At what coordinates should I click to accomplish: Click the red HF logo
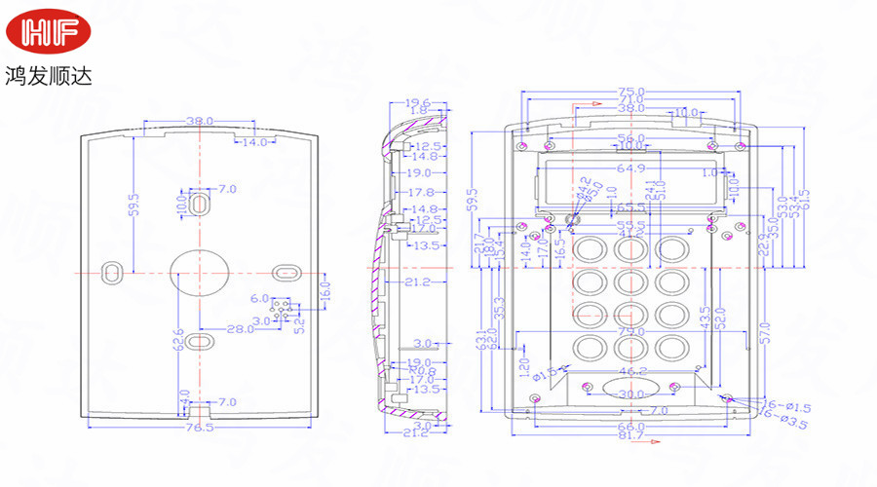49,31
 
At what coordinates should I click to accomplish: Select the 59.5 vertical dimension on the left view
134,205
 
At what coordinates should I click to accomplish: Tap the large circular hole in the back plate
198,270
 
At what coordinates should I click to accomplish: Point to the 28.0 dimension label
240,329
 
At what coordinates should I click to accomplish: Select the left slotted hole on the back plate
113,269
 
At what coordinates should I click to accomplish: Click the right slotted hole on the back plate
285,270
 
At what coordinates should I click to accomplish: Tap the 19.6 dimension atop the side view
417,102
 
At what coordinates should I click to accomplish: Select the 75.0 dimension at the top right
630,93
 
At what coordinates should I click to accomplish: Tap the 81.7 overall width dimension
630,435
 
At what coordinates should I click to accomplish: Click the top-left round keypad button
589,249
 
